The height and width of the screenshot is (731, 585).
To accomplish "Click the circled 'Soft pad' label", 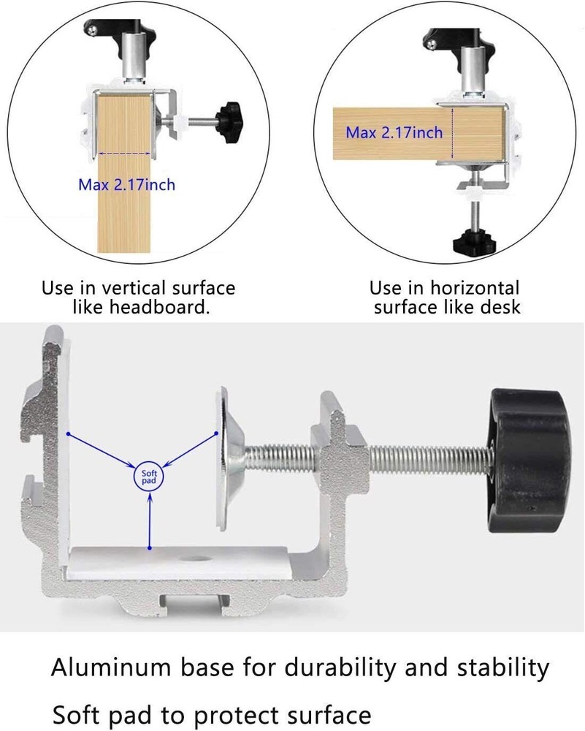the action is click(x=148, y=477).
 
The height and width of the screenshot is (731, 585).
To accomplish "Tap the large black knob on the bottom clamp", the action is click(x=529, y=461).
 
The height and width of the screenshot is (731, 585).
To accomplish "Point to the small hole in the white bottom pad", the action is click(x=192, y=558).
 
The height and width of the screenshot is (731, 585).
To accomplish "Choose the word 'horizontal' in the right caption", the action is click(x=474, y=287).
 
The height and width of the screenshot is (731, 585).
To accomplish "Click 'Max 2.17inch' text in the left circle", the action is click(x=126, y=185).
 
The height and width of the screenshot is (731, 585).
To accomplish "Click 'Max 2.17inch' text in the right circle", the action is click(x=394, y=132).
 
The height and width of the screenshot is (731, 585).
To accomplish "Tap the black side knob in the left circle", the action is click(x=229, y=115).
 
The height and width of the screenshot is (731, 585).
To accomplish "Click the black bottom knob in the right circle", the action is click(x=474, y=242).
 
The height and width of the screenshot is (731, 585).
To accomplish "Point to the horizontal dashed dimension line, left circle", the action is click(x=125, y=153).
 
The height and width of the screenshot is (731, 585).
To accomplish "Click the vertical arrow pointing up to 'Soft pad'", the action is click(x=150, y=520).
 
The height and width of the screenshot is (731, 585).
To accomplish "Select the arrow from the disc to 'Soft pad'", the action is click(x=190, y=450).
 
